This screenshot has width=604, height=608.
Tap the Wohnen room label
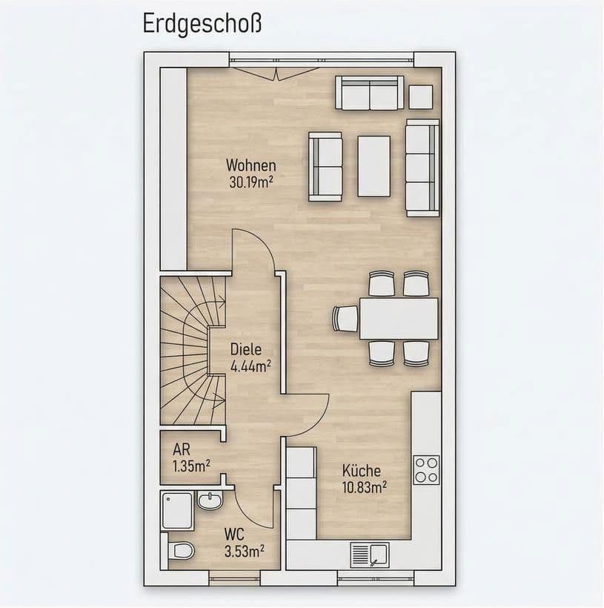click(250, 165)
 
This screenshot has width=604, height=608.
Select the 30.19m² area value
click(250, 182)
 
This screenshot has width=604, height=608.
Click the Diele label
click(246, 349)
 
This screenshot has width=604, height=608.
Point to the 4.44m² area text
click(250, 366)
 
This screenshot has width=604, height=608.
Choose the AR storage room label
click(182, 449)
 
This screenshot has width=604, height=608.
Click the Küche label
click(362, 471)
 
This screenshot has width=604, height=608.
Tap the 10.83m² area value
click(364, 487)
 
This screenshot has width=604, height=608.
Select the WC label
click(234, 535)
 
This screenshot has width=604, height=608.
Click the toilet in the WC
click(181, 550)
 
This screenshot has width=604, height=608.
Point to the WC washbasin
click(210, 500)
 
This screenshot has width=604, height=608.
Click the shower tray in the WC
click(178, 511)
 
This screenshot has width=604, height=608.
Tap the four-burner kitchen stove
click(426, 470)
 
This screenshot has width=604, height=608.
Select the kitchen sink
click(370, 555)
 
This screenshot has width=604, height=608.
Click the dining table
click(399, 318)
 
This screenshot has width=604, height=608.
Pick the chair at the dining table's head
click(345, 318)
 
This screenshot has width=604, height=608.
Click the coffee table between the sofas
click(374, 166)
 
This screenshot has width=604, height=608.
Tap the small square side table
click(421, 97)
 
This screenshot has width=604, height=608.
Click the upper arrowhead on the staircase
click(222, 300)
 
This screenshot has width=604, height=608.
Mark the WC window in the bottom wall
click(234, 578)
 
